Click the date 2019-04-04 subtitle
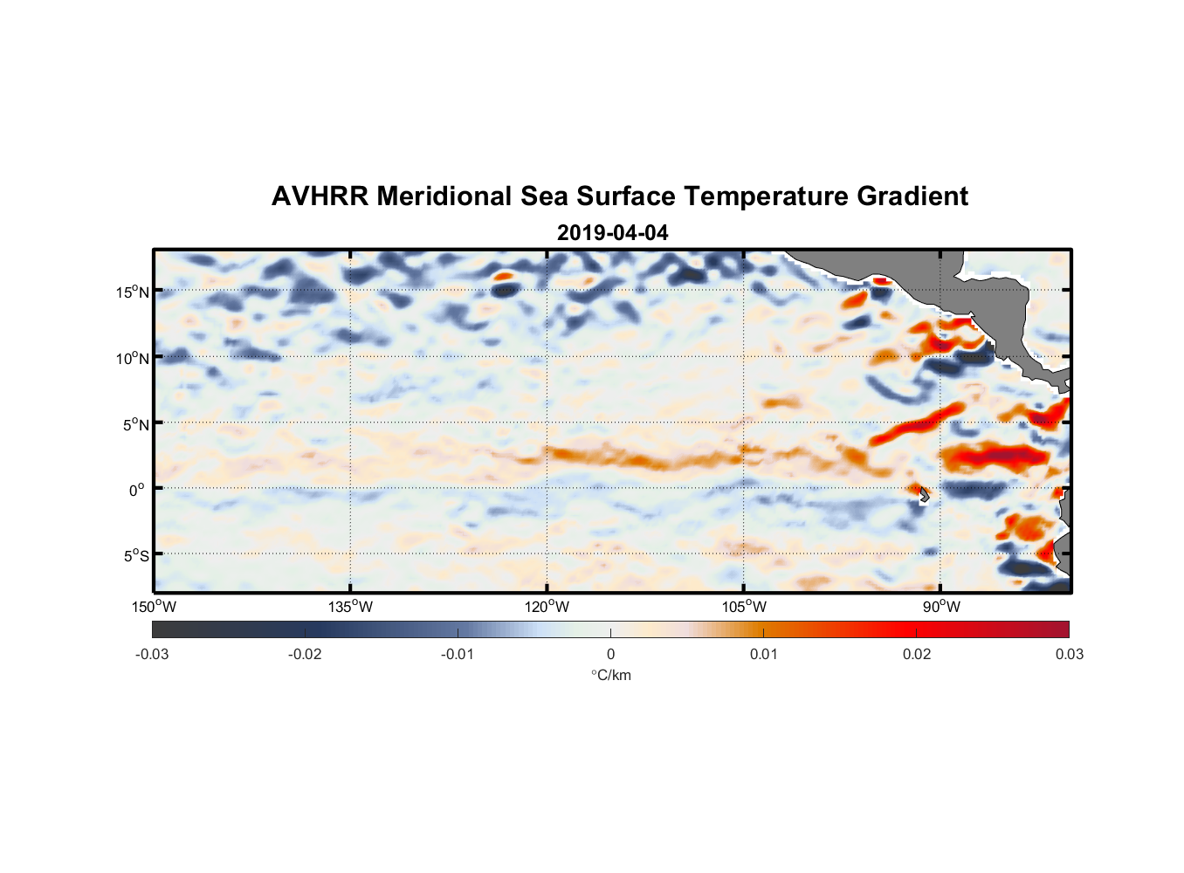point(612,233)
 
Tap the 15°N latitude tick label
point(133,292)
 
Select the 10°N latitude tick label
point(133,358)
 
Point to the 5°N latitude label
point(135,424)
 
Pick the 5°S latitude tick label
point(135,556)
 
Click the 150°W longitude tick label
point(154,608)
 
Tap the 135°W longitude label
point(350,608)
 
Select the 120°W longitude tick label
point(547,608)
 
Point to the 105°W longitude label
point(744,608)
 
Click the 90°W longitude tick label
point(940,608)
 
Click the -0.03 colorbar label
point(152,655)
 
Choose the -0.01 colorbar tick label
point(457,655)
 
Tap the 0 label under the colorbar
point(610,655)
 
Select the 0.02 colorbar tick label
point(917,655)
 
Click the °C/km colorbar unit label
point(610,675)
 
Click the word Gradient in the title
point(912,196)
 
